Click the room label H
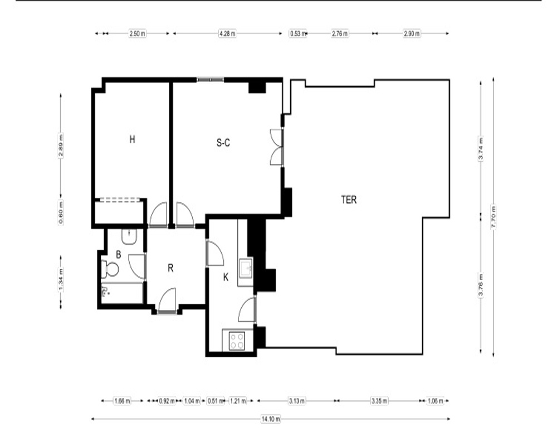pyautogui.click(x=132, y=139)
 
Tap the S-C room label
pyautogui.click(x=223, y=143)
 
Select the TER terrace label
pyautogui.click(x=349, y=200)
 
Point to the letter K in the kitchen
pyautogui.click(x=226, y=278)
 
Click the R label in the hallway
pyautogui.click(x=170, y=268)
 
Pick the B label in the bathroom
pyautogui.click(x=119, y=255)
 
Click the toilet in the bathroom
pyautogui.click(x=110, y=269)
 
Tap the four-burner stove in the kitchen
pyautogui.click(x=237, y=341)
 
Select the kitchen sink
pyautogui.click(x=246, y=268)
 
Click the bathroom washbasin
pyautogui.click(x=129, y=236)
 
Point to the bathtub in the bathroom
pyautogui.click(x=122, y=293)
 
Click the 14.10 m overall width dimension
pyautogui.click(x=271, y=419)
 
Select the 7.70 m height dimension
pyautogui.click(x=494, y=217)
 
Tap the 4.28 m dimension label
pyautogui.click(x=227, y=34)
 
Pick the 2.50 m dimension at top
pyautogui.click(x=138, y=34)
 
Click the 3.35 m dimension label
pyautogui.click(x=379, y=401)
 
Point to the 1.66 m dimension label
pyautogui.click(x=122, y=401)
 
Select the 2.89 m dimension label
pyautogui.click(x=61, y=145)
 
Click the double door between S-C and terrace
pyautogui.click(x=277, y=147)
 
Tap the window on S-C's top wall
pyautogui.click(x=211, y=79)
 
